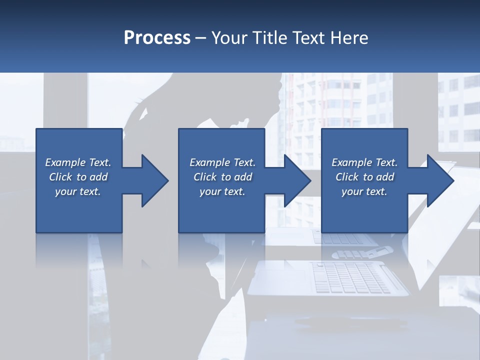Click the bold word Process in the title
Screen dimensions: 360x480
[x=157, y=38]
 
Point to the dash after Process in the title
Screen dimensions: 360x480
[x=201, y=38]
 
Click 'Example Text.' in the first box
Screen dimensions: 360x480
[x=78, y=162]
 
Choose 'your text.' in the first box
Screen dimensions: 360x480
[x=78, y=191]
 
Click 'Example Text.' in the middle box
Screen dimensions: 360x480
[x=222, y=162]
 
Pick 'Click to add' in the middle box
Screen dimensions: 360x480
[x=222, y=177]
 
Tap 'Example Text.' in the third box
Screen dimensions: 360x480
[x=364, y=162]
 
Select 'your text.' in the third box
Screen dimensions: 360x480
[x=364, y=191]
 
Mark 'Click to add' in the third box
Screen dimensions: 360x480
[x=364, y=177]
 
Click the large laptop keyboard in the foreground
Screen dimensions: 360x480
[x=350, y=277]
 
